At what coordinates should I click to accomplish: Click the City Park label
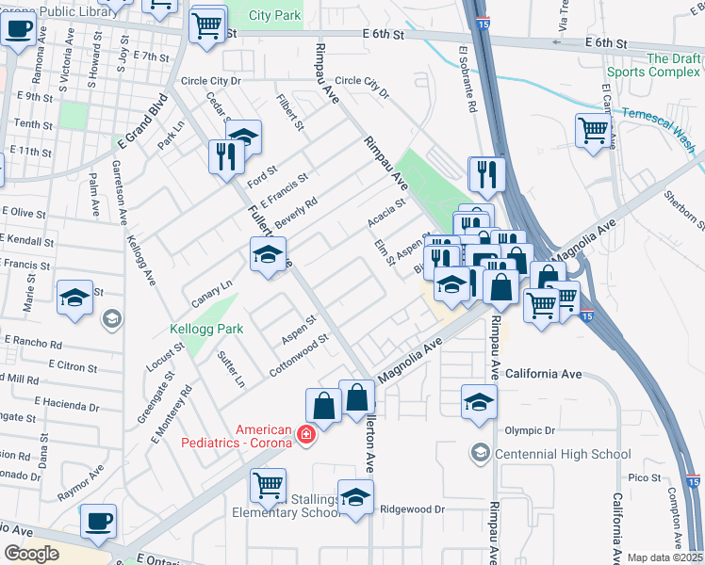[276, 15]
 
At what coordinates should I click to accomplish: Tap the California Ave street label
[544, 374]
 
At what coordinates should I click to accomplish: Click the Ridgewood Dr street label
[413, 508]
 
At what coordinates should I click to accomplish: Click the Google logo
[31, 554]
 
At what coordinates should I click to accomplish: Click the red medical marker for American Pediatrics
[304, 434]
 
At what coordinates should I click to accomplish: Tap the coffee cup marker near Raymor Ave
[98, 522]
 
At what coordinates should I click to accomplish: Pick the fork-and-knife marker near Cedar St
[224, 155]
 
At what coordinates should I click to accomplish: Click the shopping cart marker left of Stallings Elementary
[269, 485]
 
